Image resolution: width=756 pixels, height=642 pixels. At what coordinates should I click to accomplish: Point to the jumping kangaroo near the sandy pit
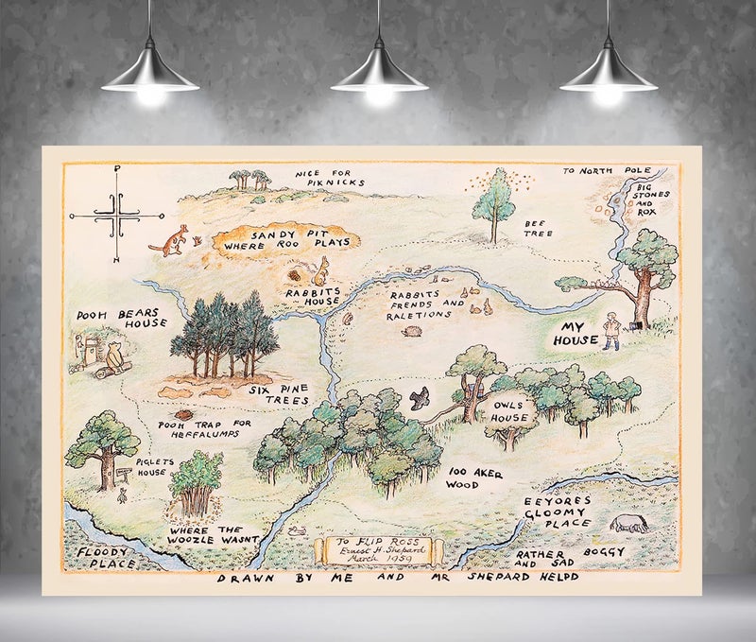pyautogui.click(x=170, y=240)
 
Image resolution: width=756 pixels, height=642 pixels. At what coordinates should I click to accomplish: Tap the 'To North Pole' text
pyautogui.click(x=601, y=171)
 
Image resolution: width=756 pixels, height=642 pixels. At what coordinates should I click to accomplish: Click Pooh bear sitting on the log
pyautogui.click(x=114, y=358)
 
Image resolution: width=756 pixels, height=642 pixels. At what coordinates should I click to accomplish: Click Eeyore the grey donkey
pyautogui.click(x=628, y=524)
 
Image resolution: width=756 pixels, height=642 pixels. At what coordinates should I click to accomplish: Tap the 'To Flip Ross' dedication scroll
pyautogui.click(x=375, y=550)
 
